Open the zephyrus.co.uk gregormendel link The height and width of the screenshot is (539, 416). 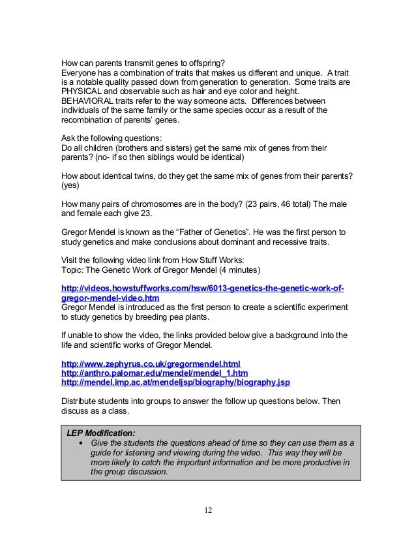click(x=150, y=363)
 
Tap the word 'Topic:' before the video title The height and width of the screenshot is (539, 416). click(x=72, y=270)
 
